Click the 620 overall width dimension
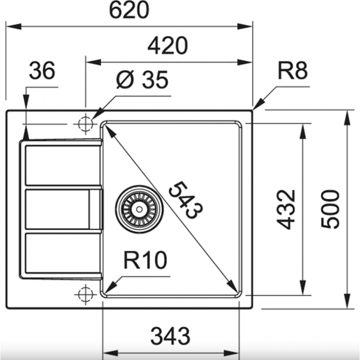129,10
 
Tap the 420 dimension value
167,46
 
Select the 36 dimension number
42,70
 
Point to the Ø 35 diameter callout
142,80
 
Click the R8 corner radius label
292,71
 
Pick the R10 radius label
145,260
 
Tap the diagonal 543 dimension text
186,199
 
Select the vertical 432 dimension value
285,209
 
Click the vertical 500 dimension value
330,209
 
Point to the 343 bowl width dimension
170,336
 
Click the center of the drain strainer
139,209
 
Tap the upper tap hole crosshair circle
85,124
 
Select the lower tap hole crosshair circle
85,294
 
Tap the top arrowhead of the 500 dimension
348,117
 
